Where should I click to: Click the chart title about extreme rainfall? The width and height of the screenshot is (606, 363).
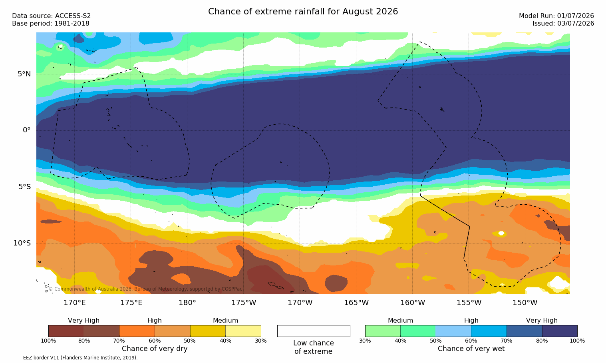click(x=303, y=12)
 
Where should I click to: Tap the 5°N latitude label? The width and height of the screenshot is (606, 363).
click(x=24, y=74)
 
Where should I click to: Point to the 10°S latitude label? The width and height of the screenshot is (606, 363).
click(x=22, y=243)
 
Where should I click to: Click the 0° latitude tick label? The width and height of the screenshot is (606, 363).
click(x=27, y=130)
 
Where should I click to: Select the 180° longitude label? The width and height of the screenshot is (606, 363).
click(x=187, y=303)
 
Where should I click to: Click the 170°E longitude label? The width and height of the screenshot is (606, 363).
click(x=75, y=303)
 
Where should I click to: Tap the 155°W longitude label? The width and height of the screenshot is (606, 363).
click(x=469, y=303)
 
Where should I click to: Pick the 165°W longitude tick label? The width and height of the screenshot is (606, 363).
click(x=356, y=303)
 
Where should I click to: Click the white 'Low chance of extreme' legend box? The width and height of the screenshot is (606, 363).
click(x=314, y=331)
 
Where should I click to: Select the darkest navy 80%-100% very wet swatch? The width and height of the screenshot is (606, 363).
click(x=560, y=331)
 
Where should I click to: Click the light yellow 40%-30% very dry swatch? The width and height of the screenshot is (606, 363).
click(x=243, y=331)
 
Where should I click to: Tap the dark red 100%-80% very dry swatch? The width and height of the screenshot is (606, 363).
click(x=66, y=331)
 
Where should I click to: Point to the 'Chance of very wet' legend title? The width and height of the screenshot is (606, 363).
click(x=471, y=349)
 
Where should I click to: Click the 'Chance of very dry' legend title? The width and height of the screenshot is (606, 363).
click(x=155, y=349)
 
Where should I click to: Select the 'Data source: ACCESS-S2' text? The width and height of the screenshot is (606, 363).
click(x=52, y=16)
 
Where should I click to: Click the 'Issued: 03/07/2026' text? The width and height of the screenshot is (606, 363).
click(x=563, y=24)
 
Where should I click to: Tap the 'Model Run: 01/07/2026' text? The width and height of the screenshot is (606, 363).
click(x=556, y=16)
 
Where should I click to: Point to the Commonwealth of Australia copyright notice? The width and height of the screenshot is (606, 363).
click(x=145, y=289)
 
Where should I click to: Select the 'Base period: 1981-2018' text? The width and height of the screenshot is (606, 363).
click(x=51, y=24)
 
